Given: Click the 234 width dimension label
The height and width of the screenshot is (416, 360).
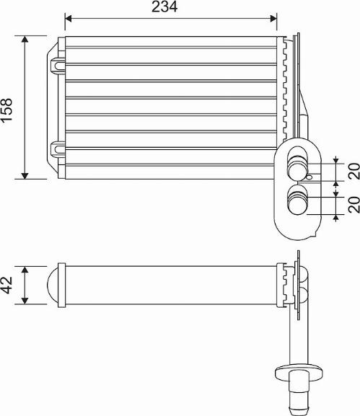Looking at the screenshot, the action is coord(164,6).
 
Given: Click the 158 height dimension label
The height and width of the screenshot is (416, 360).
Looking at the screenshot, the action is coord(6,110).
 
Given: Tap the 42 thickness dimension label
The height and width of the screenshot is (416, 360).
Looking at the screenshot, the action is coord(6,286).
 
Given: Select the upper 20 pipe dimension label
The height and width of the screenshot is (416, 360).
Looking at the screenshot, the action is coord(354,172).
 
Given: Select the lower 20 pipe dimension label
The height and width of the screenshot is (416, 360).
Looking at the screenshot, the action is coord(354,205).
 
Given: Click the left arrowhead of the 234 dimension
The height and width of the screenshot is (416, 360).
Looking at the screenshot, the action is coord(69,19).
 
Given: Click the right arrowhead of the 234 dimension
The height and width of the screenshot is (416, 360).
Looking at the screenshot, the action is coord(273,19).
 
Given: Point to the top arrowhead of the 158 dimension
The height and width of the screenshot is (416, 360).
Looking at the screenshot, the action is coord(25,39).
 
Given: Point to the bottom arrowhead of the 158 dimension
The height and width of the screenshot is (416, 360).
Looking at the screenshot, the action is coord(25,175).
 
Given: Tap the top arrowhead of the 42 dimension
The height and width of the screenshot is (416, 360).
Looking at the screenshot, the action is coord(25,270).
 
